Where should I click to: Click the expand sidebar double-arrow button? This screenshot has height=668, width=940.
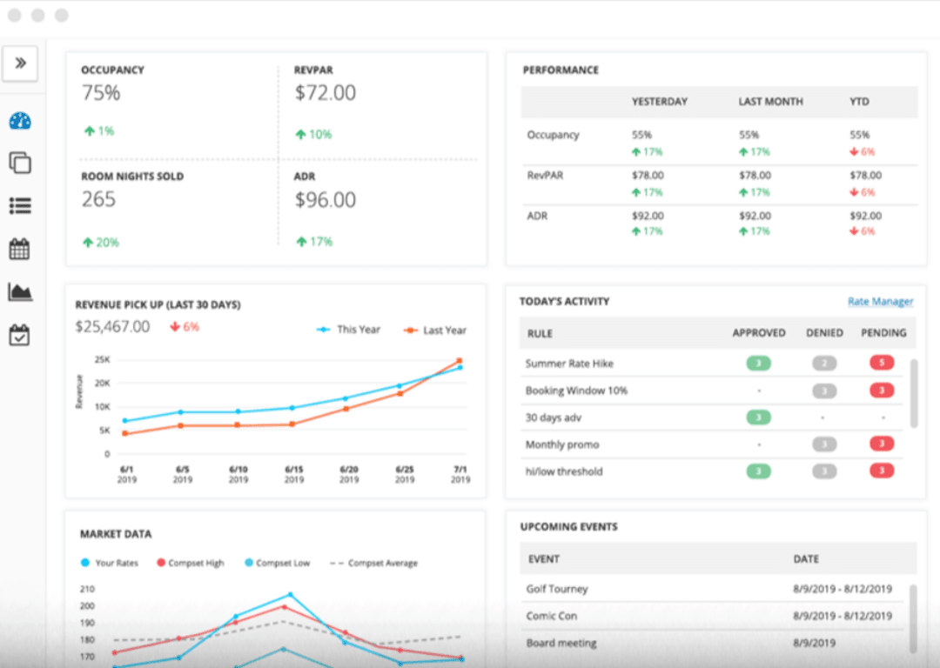coord(20,63)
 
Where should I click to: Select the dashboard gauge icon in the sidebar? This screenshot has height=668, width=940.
coord(20,121)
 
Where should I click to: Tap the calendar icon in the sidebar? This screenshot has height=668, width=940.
coord(19,250)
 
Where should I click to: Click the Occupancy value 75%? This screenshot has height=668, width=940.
coord(101,93)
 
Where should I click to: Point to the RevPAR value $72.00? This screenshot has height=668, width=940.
coord(325,93)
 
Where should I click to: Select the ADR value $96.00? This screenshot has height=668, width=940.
coord(325,200)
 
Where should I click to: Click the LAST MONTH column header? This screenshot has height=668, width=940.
coord(770,102)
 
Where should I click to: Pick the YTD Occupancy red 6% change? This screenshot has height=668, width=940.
coord(862,151)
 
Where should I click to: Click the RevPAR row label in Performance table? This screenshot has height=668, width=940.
coord(545,176)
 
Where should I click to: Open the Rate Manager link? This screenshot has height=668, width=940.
coord(880,302)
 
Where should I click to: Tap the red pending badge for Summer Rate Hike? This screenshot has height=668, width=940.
coord(882,364)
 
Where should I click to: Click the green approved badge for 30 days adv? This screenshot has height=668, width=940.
coord(758,417)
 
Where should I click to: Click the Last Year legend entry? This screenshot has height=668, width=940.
coord(435,331)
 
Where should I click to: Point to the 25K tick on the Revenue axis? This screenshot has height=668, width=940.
coord(102,359)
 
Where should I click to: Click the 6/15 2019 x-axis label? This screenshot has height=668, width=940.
coord(293,474)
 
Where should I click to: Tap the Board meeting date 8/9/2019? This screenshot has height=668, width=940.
coord(814,643)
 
